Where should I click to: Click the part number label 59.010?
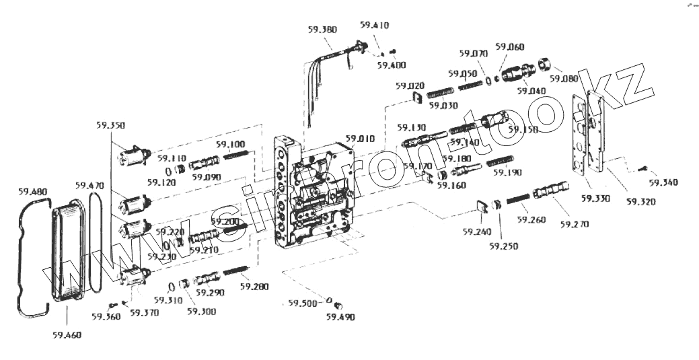coord(361,139)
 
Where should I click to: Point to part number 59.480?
coord(34,191)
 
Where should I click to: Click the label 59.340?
coord(663,182)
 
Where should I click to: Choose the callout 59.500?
coord(302,303)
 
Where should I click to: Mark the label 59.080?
coord(563,79)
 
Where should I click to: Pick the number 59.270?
coord(575,224)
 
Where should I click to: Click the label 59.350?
coord(110,125)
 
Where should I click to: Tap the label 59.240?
coord(476,231)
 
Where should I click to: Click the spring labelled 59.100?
coord(236,156)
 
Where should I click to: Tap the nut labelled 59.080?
coord(546,65)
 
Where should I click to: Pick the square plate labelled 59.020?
coord(416,99)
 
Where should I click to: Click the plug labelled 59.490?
coord(338,305)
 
